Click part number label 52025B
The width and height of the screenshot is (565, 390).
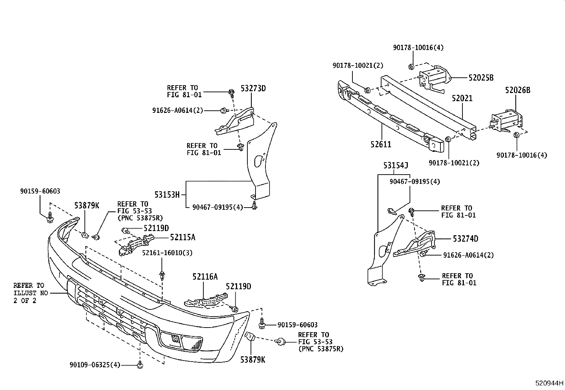[481, 78]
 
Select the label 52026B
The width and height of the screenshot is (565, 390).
[517, 91]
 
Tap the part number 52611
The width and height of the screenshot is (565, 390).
[381, 144]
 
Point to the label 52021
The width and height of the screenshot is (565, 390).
[462, 98]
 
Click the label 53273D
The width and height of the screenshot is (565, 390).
[253, 88]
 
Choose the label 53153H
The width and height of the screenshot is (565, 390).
[167, 194]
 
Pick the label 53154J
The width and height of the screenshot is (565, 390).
[396, 166]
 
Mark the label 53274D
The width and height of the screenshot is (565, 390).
[465, 239]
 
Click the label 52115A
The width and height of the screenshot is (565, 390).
[182, 237]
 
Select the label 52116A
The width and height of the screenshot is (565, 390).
[205, 276]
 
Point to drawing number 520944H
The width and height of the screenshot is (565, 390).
[549, 384]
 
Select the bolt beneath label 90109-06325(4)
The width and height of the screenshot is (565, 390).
[140, 364]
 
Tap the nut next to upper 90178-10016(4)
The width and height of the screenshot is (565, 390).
[411, 66]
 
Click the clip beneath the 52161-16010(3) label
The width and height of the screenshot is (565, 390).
[162, 276]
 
